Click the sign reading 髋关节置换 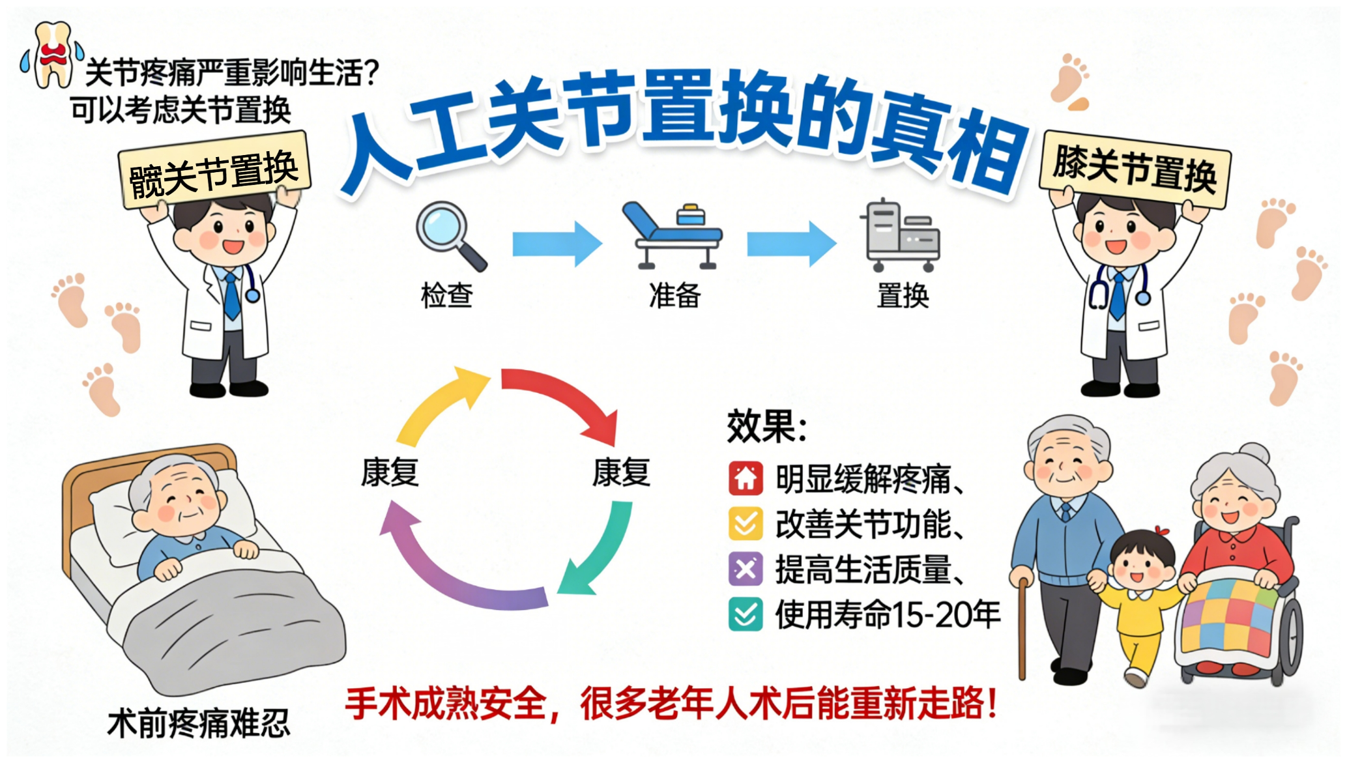214,171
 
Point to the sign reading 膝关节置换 1135,169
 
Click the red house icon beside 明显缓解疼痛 746,478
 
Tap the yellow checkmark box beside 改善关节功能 746,524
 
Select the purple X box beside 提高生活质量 746,569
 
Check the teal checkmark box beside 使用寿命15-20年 746,614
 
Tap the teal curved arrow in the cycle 596,554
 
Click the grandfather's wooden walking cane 1022,626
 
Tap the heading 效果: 766,427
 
